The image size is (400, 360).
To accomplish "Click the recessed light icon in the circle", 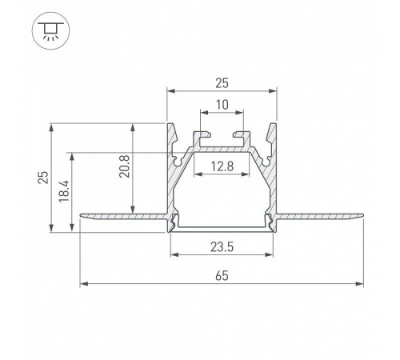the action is click(50, 31).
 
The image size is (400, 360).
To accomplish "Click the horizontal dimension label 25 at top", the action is click(222, 83).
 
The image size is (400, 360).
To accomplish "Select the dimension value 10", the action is click(222, 105).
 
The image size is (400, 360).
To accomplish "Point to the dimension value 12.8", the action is click(222, 166).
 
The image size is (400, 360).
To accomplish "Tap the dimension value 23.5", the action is click(222, 247).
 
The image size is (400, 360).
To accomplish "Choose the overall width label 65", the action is click(222, 276).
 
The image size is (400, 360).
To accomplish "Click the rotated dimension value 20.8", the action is click(125, 166).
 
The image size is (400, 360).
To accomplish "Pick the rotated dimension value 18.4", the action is click(64, 191).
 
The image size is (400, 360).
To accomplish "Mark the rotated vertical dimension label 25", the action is click(43, 178).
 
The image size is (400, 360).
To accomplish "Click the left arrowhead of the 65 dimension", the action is click(84, 284).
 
